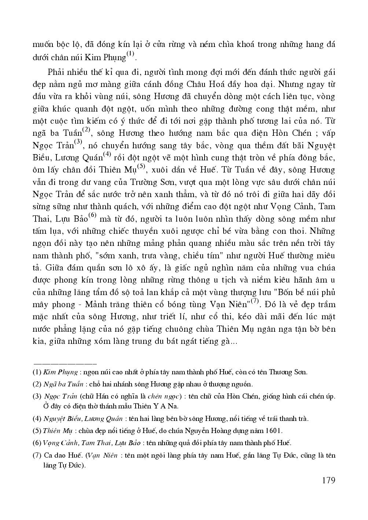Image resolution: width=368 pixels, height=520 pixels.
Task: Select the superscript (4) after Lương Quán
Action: point(107,154)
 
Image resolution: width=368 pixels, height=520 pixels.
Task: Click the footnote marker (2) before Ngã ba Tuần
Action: point(37,384)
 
